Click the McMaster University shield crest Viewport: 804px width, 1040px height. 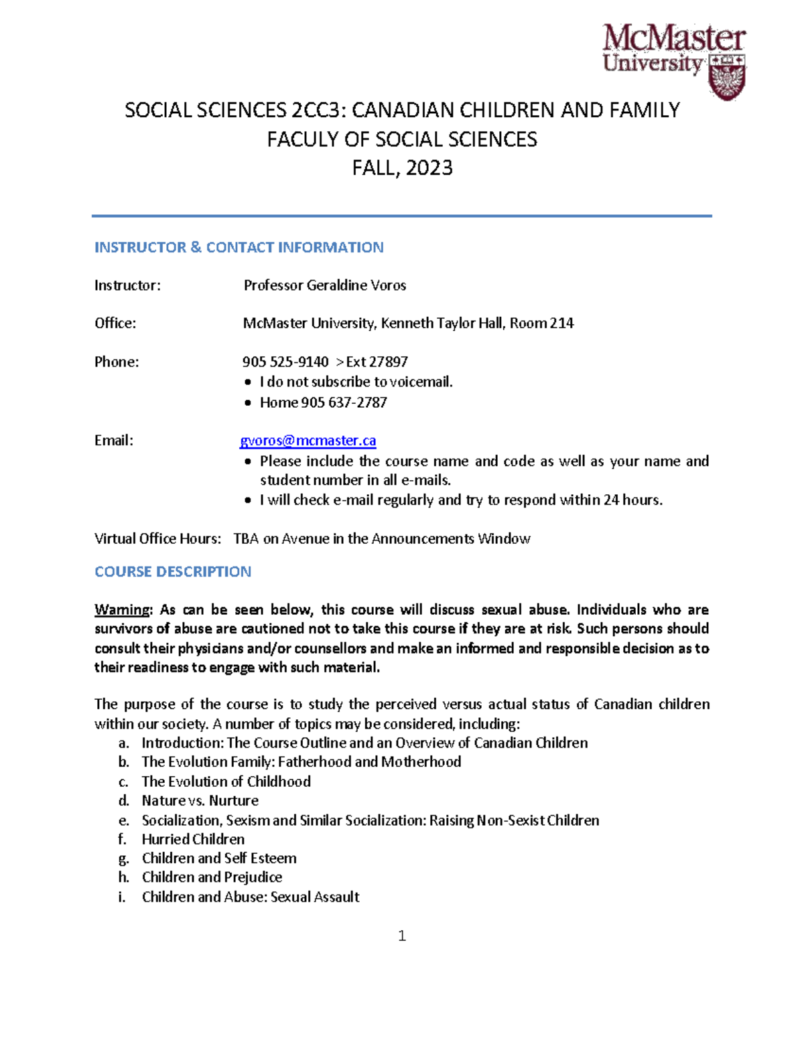click(x=727, y=76)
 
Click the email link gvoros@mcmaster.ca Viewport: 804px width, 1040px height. click(x=308, y=441)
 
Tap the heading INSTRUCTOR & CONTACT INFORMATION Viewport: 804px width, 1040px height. click(x=239, y=248)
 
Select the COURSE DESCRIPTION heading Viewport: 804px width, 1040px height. click(x=173, y=572)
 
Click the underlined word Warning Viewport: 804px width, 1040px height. click(x=123, y=609)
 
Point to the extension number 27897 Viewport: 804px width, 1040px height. click(x=388, y=362)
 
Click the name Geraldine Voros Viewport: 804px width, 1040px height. click(x=356, y=285)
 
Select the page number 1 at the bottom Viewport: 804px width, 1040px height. click(x=402, y=936)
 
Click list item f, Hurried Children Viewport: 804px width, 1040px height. click(x=193, y=839)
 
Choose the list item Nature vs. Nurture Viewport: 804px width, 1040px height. click(x=200, y=800)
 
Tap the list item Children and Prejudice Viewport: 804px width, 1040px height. click(x=212, y=877)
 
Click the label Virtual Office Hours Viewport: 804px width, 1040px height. click(x=157, y=539)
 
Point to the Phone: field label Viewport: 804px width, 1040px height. click(x=117, y=362)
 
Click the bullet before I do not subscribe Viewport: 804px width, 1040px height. click(x=248, y=382)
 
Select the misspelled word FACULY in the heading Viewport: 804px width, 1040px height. click(x=303, y=139)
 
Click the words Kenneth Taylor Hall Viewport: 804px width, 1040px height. click(x=442, y=323)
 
